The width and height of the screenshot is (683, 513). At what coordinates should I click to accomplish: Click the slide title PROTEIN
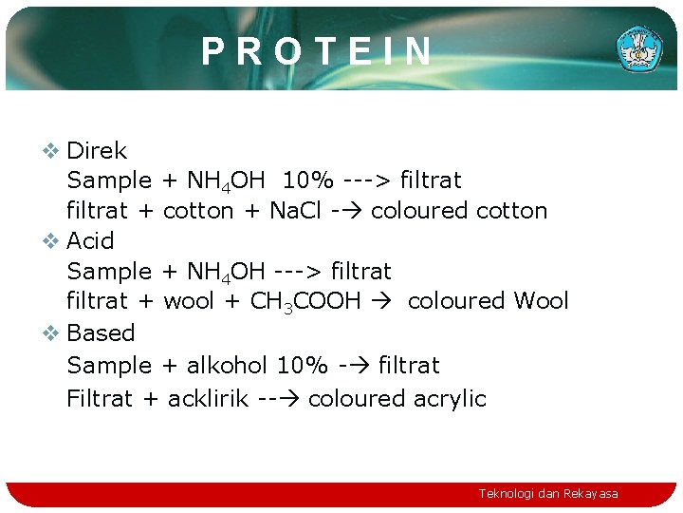[x=317, y=51]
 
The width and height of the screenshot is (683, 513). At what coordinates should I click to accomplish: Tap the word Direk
[x=97, y=151]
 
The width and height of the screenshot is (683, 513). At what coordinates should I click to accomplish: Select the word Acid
[x=90, y=241]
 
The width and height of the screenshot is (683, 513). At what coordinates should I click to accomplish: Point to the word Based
[x=101, y=333]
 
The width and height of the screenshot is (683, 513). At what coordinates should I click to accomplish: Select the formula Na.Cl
[x=295, y=211]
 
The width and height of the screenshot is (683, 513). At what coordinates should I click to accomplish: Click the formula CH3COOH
[x=305, y=302]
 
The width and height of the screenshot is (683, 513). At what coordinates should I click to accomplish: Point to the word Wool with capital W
[x=541, y=302]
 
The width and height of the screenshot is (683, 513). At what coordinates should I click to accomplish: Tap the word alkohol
[x=228, y=366]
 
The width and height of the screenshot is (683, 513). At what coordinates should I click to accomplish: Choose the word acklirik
[x=209, y=399]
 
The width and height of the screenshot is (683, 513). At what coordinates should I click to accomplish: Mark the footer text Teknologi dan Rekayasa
[x=548, y=494]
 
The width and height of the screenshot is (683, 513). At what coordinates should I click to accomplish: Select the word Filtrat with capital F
[x=100, y=399]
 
